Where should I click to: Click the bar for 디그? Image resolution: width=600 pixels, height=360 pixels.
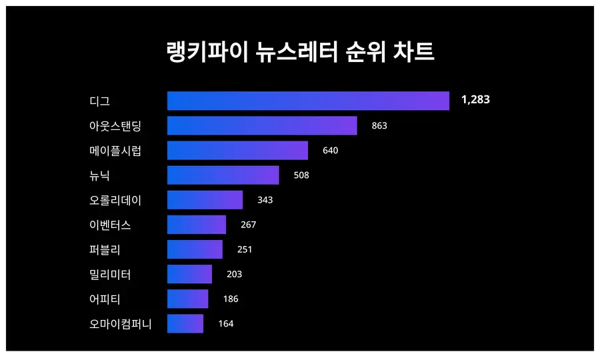(308, 101)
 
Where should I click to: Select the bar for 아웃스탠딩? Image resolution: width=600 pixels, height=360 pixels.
(262, 125)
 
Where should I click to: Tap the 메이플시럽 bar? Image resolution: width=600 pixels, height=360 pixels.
(237, 150)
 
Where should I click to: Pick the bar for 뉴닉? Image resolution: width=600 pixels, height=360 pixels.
(223, 175)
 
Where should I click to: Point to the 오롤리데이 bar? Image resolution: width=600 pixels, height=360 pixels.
(205, 200)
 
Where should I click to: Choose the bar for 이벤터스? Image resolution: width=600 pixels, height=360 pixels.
(197, 225)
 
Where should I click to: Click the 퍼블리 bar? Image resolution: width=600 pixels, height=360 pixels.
(195, 249)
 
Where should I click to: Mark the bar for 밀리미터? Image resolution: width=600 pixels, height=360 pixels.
(189, 274)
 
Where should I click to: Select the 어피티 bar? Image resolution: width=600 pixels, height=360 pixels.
(187, 299)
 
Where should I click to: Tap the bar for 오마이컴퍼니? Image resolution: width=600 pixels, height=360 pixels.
(185, 323)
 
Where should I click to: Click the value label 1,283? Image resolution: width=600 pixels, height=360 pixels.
(475, 100)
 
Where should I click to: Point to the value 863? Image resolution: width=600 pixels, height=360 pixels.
(379, 125)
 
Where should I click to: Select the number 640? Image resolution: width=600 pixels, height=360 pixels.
(330, 150)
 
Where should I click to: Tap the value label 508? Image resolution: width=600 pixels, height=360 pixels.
(301, 175)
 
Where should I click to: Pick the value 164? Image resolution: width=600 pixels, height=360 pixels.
(226, 324)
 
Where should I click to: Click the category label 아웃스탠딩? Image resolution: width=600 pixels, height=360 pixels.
(115, 125)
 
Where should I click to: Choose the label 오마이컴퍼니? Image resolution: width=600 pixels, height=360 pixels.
(121, 324)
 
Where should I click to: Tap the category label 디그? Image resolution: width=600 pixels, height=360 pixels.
(99, 101)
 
